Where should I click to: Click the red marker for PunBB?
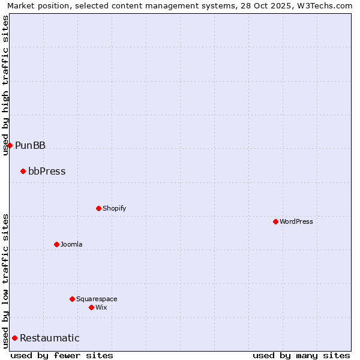click(x=10, y=145)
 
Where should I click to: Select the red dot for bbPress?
click(x=23, y=171)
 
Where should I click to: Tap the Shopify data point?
click(x=98, y=208)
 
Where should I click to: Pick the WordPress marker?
click(x=275, y=221)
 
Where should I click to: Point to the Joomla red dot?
click(x=56, y=244)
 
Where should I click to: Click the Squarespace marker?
click(x=72, y=299)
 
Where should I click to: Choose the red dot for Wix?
click(x=91, y=307)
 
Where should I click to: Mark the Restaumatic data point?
click(x=14, y=338)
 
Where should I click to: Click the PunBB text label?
click(x=30, y=145)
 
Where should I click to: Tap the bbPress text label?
click(x=47, y=171)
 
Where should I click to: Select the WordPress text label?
click(x=296, y=221)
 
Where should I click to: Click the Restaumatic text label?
click(x=49, y=338)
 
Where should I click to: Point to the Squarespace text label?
click(x=97, y=299)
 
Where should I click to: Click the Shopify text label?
click(x=114, y=208)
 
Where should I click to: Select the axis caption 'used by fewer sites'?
click(x=62, y=355)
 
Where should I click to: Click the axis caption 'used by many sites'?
click(x=301, y=355)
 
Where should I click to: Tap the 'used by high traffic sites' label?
click(x=5, y=85)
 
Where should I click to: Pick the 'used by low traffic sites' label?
click(x=5, y=281)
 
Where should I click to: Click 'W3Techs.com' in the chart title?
click(x=325, y=5)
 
